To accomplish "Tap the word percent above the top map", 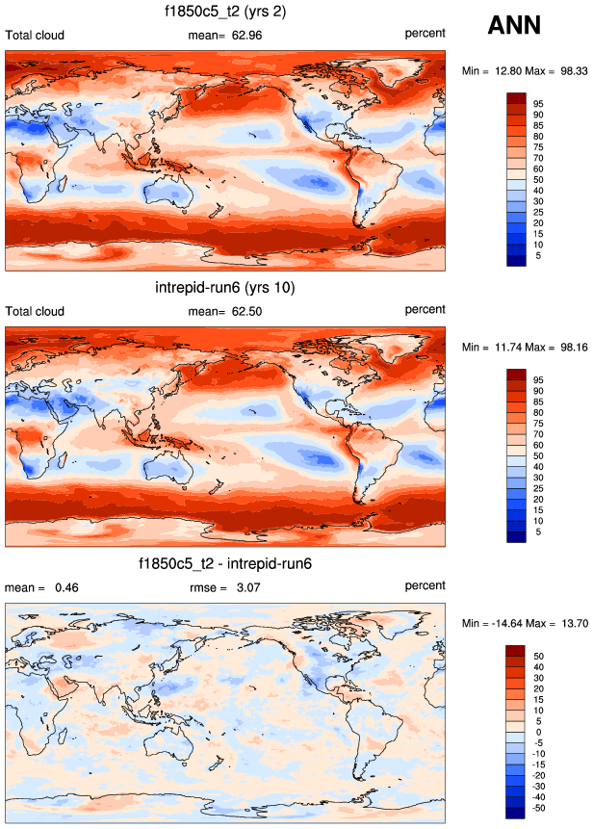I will (425, 33).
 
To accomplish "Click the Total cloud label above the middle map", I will (36, 310).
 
